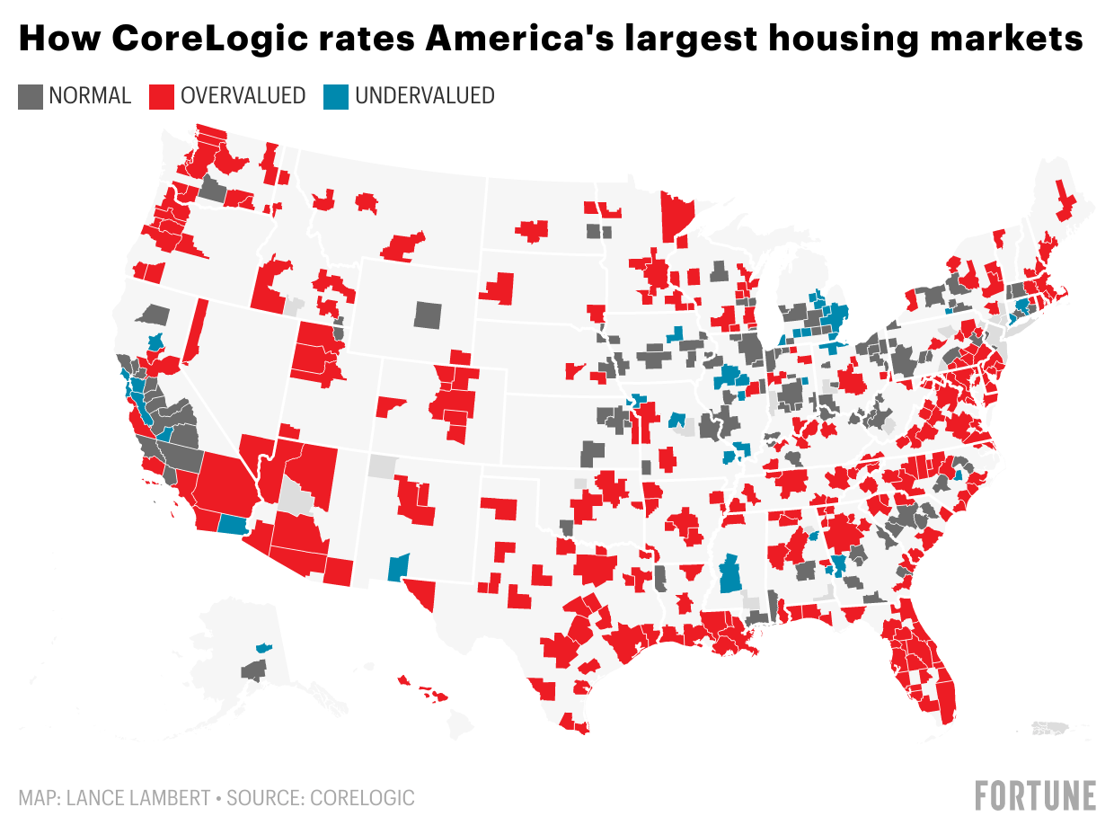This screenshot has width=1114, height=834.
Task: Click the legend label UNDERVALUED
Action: coord(425,96)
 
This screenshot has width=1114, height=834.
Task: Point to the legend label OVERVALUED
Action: coord(243,96)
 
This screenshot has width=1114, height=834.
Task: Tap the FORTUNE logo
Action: coord(1035,795)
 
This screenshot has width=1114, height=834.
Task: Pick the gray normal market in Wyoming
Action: coord(429,315)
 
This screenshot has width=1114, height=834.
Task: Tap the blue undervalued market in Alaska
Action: coord(263,647)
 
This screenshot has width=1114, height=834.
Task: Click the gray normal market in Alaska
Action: coord(254,670)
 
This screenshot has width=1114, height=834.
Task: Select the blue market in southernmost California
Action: coord(234,525)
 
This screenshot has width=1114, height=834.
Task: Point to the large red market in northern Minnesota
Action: coord(676,216)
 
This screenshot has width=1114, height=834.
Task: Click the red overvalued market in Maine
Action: coord(1065,202)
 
